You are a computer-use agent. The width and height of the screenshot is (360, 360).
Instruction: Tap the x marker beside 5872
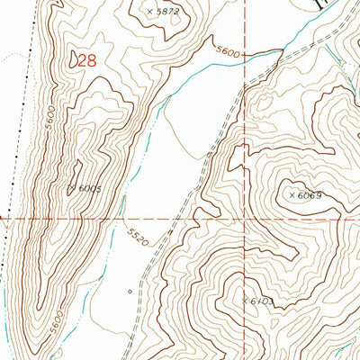point(148,12)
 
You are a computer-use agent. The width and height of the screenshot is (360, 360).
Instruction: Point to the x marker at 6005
point(71,187)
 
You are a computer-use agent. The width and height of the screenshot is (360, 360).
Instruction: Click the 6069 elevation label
point(309,194)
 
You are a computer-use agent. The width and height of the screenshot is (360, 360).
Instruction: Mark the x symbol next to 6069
point(291,194)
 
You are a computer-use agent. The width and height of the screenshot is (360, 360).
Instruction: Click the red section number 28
point(86,60)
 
